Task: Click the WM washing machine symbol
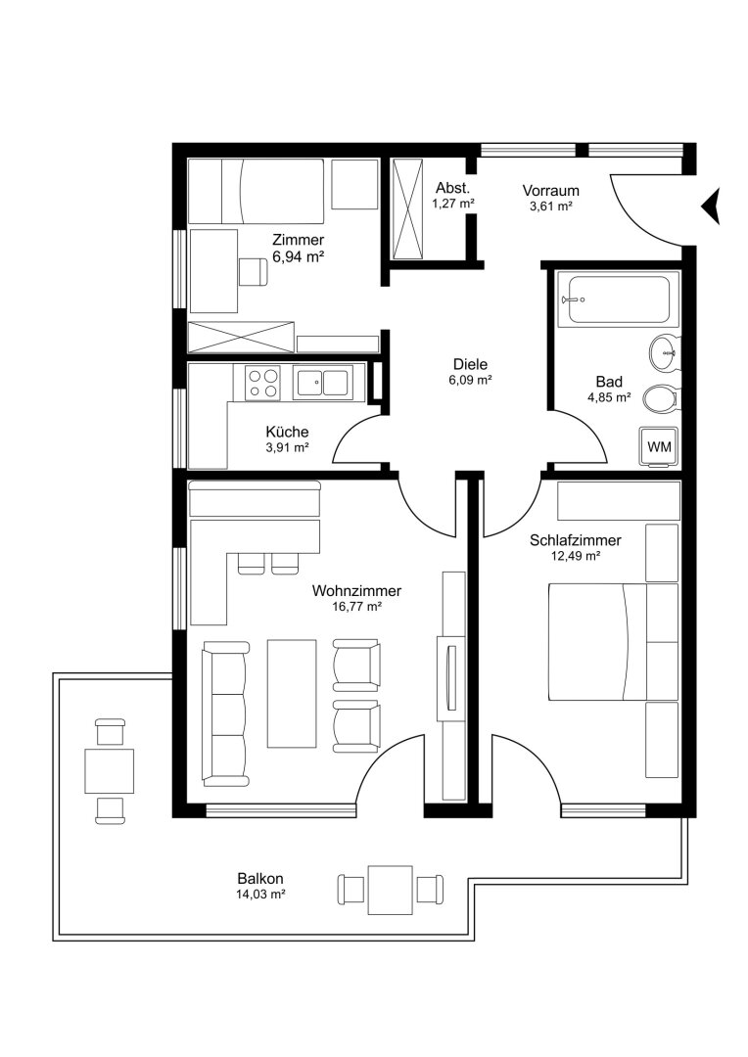tap(659, 445)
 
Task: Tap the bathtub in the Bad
tap(618, 299)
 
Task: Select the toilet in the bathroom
tap(661, 398)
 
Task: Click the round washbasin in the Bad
tap(665, 352)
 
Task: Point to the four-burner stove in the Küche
tap(263, 383)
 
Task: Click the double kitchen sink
tap(322, 383)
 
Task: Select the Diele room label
tap(470, 365)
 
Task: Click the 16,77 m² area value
tap(356, 607)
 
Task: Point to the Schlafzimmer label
tap(576, 540)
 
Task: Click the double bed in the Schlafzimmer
tap(597, 642)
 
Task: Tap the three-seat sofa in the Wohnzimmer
tap(226, 713)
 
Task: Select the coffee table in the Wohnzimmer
tap(292, 694)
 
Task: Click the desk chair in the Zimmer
tap(252, 272)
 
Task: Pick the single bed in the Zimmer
tap(256, 191)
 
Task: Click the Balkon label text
tap(260, 878)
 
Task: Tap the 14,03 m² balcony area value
tap(260, 895)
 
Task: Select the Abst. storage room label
tap(452, 187)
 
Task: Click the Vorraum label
tap(550, 191)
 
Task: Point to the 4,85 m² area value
tap(609, 397)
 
